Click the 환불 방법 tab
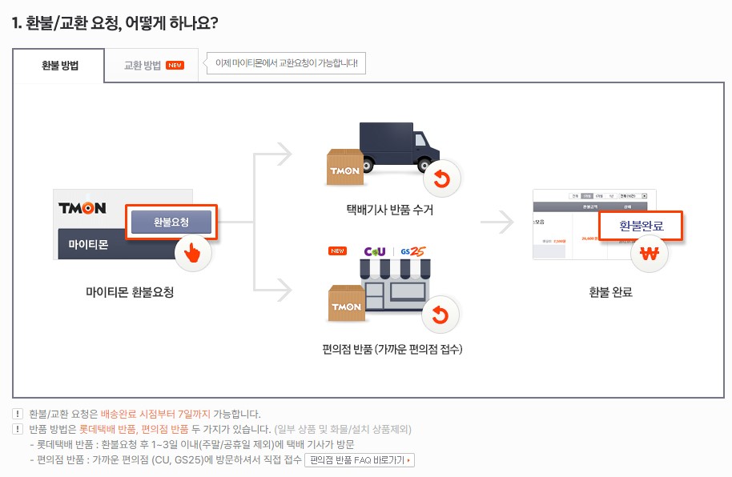click(x=59, y=66)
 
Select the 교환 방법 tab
click(x=143, y=66)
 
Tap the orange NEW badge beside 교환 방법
click(x=175, y=66)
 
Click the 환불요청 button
click(x=171, y=222)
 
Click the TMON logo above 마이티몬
click(x=82, y=208)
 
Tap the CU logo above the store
click(x=375, y=251)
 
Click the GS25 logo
click(x=414, y=251)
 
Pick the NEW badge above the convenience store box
click(x=337, y=251)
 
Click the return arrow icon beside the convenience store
click(x=440, y=316)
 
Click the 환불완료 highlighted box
click(x=642, y=226)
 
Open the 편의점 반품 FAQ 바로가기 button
click(x=360, y=460)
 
